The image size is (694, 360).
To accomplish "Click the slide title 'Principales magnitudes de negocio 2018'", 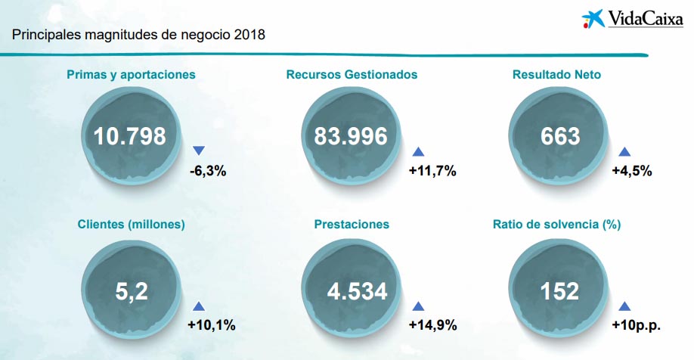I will tap(138, 36).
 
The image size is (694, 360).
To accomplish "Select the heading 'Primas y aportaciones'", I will tap(131, 75).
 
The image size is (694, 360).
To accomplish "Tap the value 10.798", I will tap(130, 136).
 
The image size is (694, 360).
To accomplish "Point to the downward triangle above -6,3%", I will tap(199, 151).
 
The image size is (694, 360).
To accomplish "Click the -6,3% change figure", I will tap(208, 171).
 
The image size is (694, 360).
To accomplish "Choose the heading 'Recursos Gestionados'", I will tap(352, 75).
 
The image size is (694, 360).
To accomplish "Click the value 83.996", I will tap(351, 136).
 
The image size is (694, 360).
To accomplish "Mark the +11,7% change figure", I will tap(432, 171).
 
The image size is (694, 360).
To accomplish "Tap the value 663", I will tap(560, 136).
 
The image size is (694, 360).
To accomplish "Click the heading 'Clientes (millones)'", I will tap(131, 224).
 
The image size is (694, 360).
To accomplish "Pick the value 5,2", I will tap(130, 291).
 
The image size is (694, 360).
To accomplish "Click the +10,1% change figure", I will tap(212, 325).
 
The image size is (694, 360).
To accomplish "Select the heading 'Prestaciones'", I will tap(352, 224).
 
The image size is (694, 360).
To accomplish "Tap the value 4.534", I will tap(352, 291).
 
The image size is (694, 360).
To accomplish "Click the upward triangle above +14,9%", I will tap(418, 306).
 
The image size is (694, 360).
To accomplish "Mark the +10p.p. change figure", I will tap(636, 325).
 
